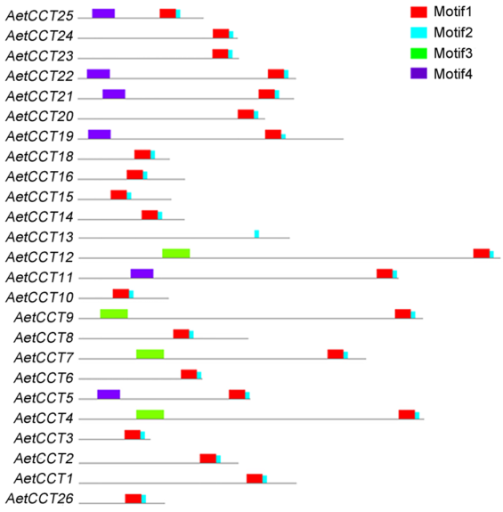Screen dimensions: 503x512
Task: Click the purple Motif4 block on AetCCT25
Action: point(103,13)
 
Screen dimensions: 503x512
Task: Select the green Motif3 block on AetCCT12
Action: point(176,254)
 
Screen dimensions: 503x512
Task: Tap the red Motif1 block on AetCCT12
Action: point(482,254)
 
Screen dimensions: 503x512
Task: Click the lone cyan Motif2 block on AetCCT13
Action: point(257,234)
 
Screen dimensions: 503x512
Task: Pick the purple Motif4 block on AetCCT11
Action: point(142,273)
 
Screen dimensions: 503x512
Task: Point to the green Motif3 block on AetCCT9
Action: point(114,313)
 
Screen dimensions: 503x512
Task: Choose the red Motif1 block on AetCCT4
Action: point(407,414)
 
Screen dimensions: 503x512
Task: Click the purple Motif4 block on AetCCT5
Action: point(109,394)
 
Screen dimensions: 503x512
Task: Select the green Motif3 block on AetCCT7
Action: point(150,354)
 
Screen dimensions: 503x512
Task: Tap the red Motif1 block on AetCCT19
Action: point(273,134)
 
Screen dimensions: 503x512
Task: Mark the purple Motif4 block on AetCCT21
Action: point(114,93)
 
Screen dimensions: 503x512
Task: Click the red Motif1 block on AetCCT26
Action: point(134,499)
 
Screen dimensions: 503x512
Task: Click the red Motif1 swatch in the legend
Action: point(418,12)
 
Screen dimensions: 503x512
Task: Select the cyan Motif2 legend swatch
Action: point(418,33)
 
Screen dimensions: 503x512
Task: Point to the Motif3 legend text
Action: point(453,53)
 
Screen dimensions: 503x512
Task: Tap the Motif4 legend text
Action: point(453,74)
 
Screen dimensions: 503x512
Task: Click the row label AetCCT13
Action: point(39,237)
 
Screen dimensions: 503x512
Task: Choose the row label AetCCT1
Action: point(44,479)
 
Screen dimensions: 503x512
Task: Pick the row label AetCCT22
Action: point(39,76)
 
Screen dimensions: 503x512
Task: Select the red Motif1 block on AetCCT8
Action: point(181,334)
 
